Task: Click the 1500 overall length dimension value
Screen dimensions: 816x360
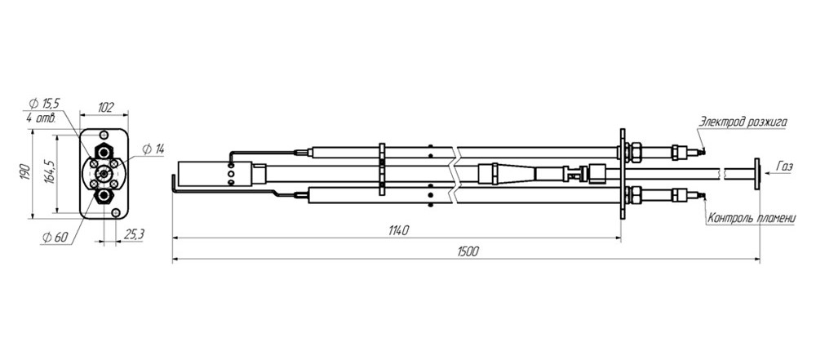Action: click(x=468, y=251)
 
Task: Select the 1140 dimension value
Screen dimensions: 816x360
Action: click(x=398, y=230)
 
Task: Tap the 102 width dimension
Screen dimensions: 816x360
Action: click(x=105, y=108)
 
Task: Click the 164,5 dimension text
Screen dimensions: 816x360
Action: click(x=50, y=173)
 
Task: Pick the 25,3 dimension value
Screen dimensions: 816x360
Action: click(x=135, y=235)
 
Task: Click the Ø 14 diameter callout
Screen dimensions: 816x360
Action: click(x=153, y=149)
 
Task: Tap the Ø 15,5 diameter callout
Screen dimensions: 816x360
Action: click(x=45, y=103)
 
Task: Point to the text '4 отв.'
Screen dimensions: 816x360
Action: click(x=41, y=118)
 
